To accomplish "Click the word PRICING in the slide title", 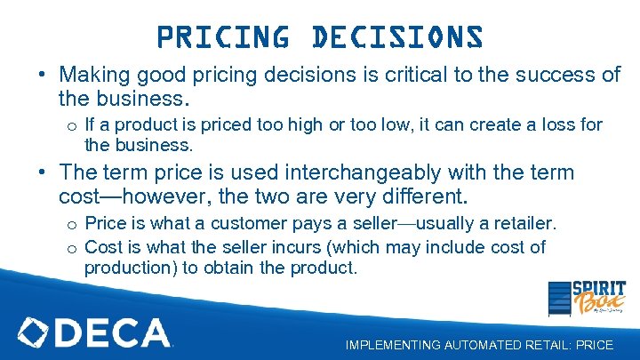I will click(223, 37).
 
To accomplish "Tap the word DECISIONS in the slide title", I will click(397, 37).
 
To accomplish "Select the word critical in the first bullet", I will click(424, 75).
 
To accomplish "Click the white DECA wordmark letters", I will click(114, 332).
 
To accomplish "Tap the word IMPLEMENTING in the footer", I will click(388, 345).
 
